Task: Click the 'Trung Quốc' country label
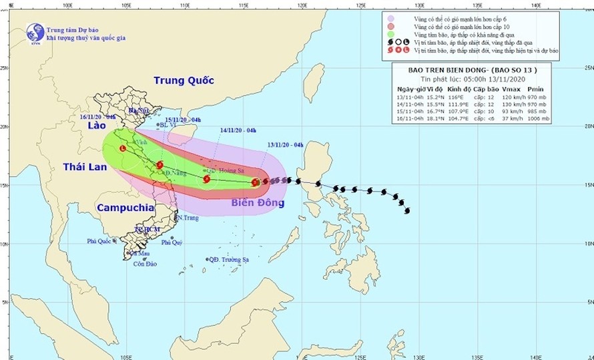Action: click(184, 80)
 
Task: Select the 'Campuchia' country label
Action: click(125, 208)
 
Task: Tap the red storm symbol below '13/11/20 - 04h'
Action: click(256, 182)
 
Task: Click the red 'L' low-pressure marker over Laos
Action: click(123, 149)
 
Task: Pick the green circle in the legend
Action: click(390, 34)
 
